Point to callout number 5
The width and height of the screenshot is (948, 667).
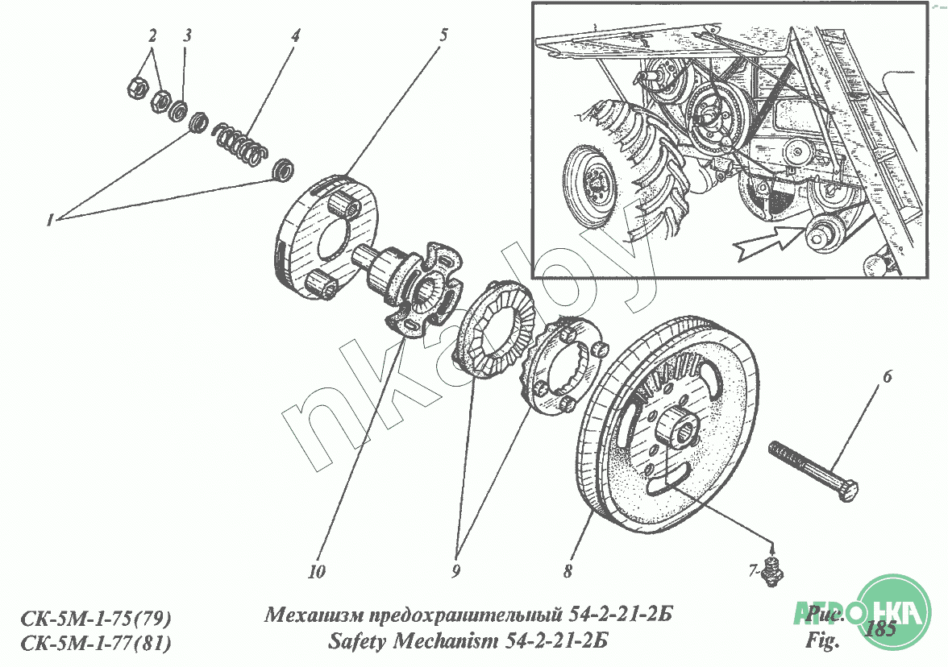pyautogui.click(x=443, y=35)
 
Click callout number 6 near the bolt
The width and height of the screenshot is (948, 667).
pyautogui.click(x=887, y=376)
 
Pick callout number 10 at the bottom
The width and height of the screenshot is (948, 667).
pyautogui.click(x=316, y=572)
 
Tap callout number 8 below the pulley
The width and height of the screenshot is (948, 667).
pyautogui.click(x=568, y=572)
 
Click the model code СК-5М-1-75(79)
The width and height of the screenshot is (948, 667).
pyautogui.click(x=95, y=619)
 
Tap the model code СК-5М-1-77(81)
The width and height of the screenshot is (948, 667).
pyautogui.click(x=95, y=643)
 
